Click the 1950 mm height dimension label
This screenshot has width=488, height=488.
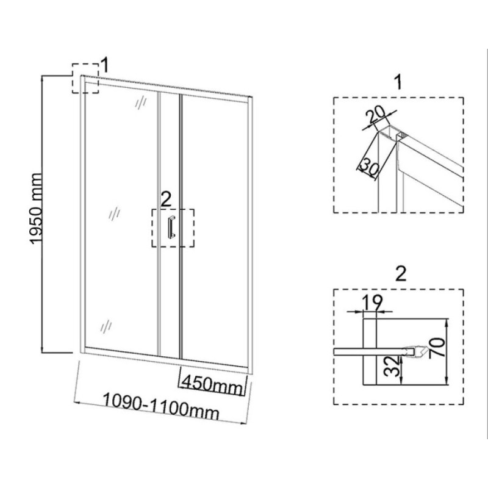(x=37, y=209)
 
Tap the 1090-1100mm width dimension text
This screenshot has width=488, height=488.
(x=161, y=408)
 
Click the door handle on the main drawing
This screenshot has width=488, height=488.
(x=171, y=227)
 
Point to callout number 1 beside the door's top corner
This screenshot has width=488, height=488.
(x=105, y=65)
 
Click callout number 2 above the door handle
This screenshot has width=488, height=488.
(x=166, y=199)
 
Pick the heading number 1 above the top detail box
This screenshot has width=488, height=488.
(x=398, y=82)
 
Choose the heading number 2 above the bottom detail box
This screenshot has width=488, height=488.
(x=401, y=274)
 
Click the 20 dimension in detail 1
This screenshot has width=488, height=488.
(x=375, y=115)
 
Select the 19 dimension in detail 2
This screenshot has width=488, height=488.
(x=371, y=302)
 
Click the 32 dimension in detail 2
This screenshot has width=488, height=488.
(x=391, y=367)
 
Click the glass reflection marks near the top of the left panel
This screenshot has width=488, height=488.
(x=141, y=101)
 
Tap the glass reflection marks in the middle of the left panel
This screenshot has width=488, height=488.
(x=115, y=213)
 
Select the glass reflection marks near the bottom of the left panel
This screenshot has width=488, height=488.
(x=106, y=326)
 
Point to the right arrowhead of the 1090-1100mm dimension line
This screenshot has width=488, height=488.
(x=244, y=423)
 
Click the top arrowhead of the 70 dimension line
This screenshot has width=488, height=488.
(x=447, y=322)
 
